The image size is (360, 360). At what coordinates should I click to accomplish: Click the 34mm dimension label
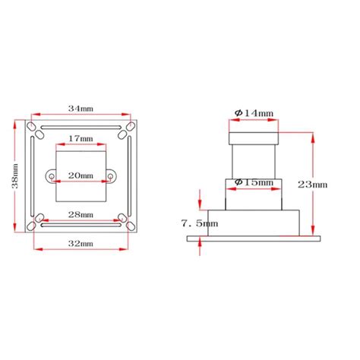pyautogui.click(x=81, y=108)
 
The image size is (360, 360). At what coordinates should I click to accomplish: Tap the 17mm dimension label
pyautogui.click(x=81, y=139)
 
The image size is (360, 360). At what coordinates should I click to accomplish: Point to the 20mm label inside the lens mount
pyautogui.click(x=81, y=175)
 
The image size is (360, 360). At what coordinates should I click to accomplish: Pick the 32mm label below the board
pyautogui.click(x=81, y=244)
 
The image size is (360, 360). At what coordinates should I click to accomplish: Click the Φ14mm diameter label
pyautogui.click(x=254, y=113)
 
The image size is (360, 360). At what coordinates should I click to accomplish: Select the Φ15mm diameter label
pyautogui.click(x=254, y=182)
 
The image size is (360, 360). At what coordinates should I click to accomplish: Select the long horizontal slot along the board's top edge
pyautogui.click(x=81, y=127)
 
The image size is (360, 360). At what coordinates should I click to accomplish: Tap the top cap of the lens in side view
pyautogui.click(x=254, y=137)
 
